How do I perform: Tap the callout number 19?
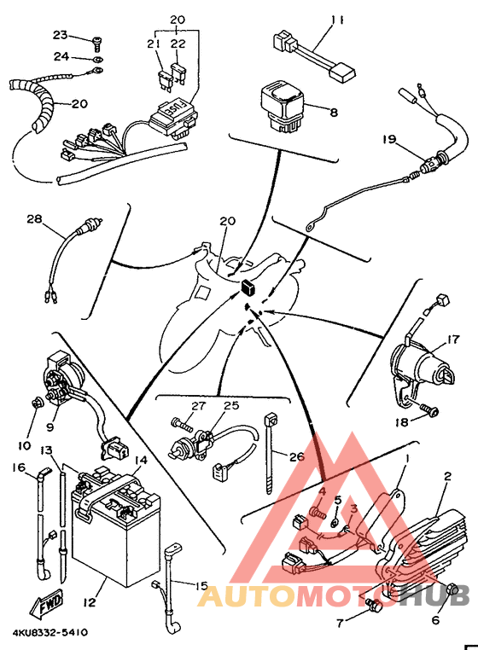pos(390,138)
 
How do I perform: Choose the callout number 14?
pos(141,460)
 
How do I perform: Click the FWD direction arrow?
pos(46,606)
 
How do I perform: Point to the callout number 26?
pos(296,456)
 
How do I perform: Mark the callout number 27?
pos(198,406)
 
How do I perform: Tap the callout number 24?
pos(59,57)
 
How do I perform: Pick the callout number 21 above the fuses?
pos(154,44)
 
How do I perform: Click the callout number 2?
pos(446,477)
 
